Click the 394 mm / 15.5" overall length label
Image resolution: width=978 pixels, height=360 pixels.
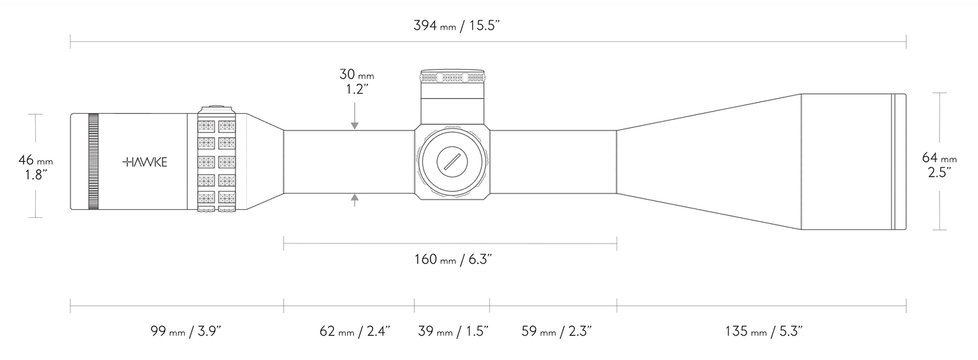click(x=456, y=25)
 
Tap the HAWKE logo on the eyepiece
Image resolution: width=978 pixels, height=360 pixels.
click(x=145, y=162)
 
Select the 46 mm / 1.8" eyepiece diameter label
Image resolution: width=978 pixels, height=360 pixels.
click(x=35, y=167)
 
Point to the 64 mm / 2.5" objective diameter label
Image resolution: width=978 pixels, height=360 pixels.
click(x=939, y=164)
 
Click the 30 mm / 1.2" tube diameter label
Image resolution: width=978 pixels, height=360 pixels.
click(x=357, y=82)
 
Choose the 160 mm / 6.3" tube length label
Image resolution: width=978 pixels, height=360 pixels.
click(x=453, y=259)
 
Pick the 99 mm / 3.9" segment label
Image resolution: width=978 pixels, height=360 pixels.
click(x=186, y=331)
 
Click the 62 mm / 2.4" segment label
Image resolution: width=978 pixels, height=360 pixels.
click(x=355, y=331)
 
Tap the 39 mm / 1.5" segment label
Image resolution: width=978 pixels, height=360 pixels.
click(x=453, y=331)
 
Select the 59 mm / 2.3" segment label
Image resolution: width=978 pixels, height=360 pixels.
click(x=556, y=331)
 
